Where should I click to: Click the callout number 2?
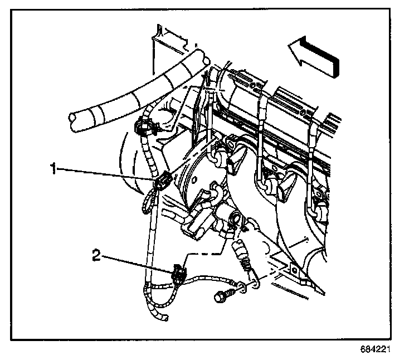tap(96, 256)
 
